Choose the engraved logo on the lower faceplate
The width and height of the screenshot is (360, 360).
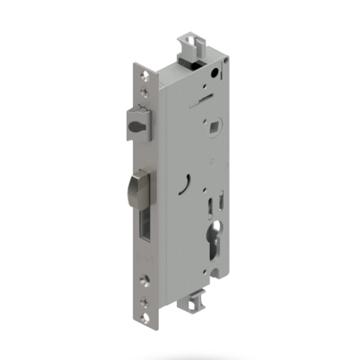pyautogui.click(x=144, y=262)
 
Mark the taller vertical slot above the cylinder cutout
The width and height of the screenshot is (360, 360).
pyautogui.click(x=210, y=200)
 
